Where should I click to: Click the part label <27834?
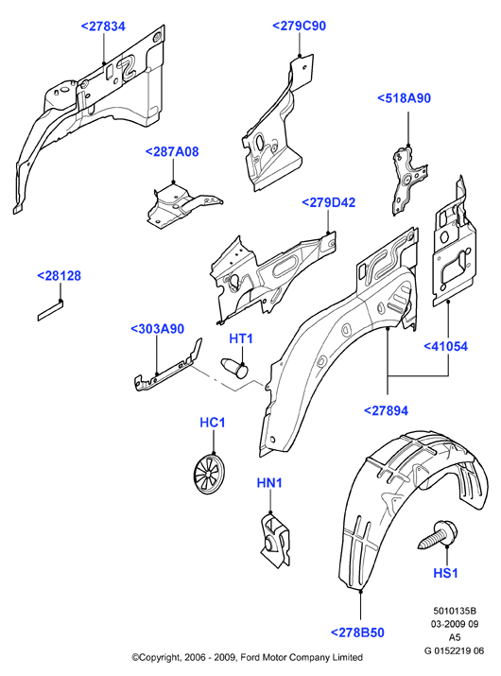point(103,26)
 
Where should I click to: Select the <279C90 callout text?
point(299,26)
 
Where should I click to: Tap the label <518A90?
point(404,98)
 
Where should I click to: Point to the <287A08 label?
point(172,152)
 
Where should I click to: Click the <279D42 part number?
point(329,202)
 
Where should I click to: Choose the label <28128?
point(59,276)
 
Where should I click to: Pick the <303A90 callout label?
point(157,329)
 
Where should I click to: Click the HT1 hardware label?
point(241,338)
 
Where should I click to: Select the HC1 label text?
point(213,423)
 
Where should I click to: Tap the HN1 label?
point(269,483)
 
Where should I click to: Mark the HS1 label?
point(445,573)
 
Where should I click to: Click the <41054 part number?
point(446,347)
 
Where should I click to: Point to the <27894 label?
point(386,411)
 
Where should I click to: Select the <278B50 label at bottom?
point(357,633)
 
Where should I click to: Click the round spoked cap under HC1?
point(210,473)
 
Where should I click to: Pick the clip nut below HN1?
point(275,539)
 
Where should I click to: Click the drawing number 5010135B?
point(455,611)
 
